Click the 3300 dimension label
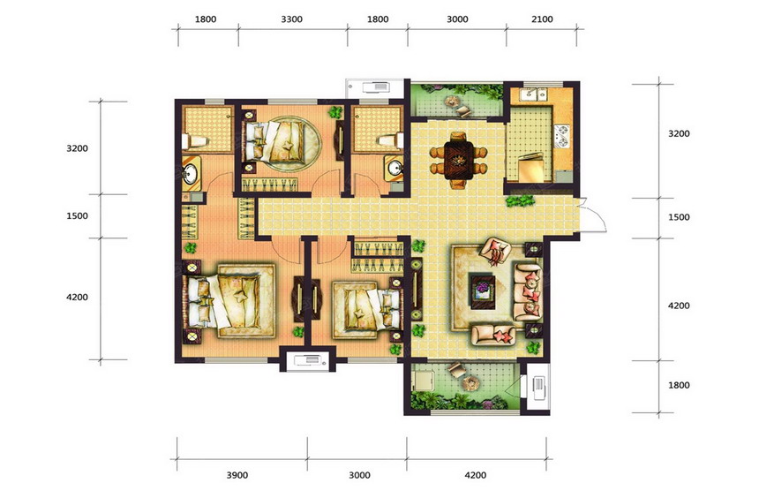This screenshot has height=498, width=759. (292, 19)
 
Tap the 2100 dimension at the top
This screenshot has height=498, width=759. (542, 19)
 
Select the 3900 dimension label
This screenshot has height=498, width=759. (237, 475)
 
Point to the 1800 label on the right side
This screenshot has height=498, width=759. (679, 385)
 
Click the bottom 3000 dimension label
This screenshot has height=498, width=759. (359, 475)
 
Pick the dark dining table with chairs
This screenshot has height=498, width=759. (459, 160)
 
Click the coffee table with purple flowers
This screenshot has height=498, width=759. (483, 291)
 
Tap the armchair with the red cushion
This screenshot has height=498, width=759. (495, 251)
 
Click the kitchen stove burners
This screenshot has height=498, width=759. (562, 136)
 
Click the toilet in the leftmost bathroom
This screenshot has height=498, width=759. (194, 141)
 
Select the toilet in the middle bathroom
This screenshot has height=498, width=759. (391, 141)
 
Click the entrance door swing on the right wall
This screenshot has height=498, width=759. (592, 215)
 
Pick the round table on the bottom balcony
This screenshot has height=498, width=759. (470, 383)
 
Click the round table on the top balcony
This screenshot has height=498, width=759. (453, 102)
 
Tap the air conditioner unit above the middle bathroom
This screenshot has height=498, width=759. (375, 87)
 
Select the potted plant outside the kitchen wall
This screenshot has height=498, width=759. (521, 200)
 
